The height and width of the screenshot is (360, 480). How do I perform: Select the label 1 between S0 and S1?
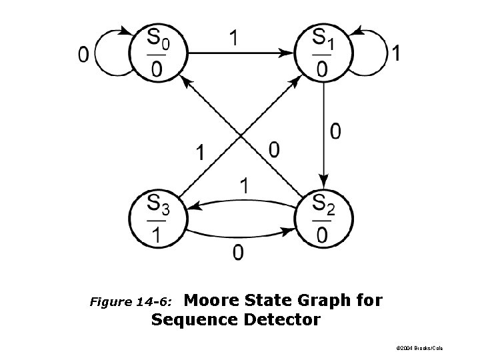tap(234, 37)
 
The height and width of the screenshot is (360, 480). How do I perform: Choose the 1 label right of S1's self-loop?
tap(397, 54)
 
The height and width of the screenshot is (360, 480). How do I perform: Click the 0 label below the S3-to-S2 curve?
tap(237, 253)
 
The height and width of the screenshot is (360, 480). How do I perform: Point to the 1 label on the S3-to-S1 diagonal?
tap(200, 153)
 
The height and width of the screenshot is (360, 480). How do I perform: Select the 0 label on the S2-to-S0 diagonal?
tap(273, 149)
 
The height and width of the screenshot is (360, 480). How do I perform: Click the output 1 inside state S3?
tap(157, 234)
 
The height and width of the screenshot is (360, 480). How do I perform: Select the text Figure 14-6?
tap(131, 302)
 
